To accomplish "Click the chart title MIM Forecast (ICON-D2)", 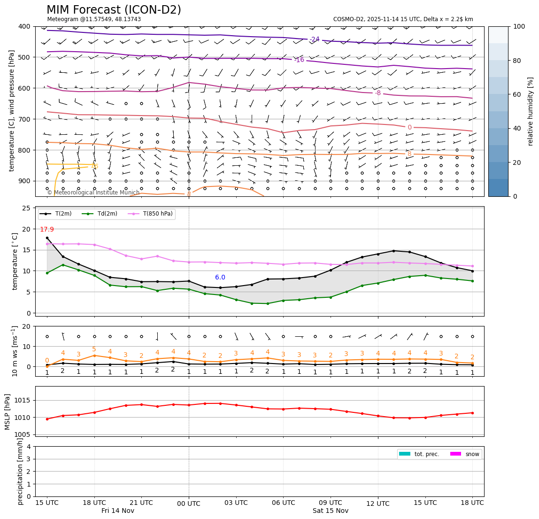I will tap(114, 10).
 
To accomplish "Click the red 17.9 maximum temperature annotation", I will tap(46, 230).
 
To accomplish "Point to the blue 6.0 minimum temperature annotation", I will tap(220, 278).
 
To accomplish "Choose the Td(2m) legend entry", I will tap(104, 214).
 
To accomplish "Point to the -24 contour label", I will tap(315, 39).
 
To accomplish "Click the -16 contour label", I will tap(299, 60).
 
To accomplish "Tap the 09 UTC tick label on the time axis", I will tap(331, 503).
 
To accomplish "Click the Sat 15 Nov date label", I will tap(331, 511).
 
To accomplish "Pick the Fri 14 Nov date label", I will tap(118, 511).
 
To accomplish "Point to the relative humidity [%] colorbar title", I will tap(531, 111).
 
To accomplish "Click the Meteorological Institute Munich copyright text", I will tap(93, 193).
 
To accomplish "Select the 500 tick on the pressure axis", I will tap(24, 57).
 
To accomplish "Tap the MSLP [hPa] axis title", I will tap(8, 411).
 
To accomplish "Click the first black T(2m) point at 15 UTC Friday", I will tap(47, 238).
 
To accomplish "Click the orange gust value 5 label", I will tap(94, 349).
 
